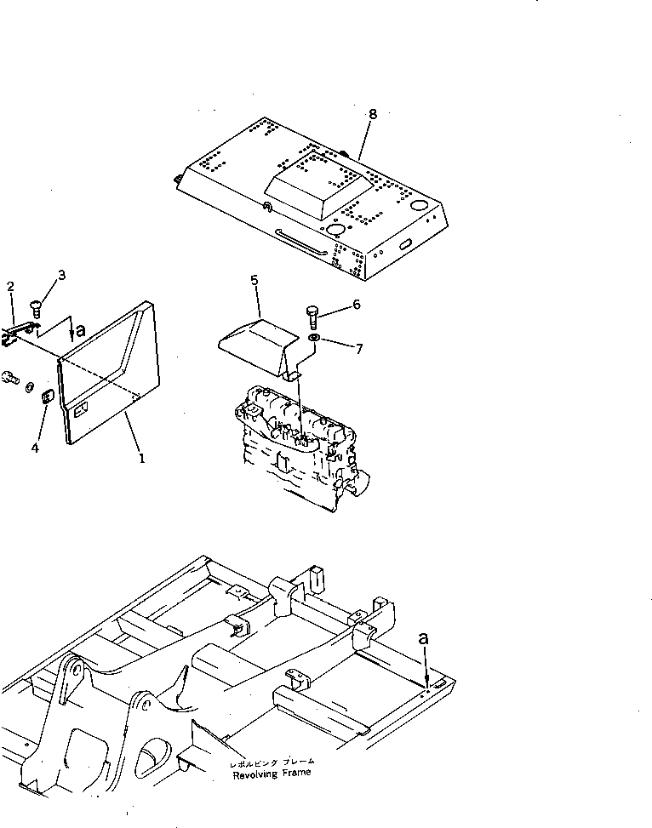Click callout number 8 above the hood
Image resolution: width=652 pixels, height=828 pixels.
[x=372, y=113]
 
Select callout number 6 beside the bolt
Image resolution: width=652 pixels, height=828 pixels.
[x=356, y=304]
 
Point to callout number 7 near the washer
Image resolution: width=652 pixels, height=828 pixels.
[x=357, y=349]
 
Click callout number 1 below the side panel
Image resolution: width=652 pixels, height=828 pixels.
[x=141, y=457]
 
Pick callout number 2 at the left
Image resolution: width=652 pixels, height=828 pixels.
[x=10, y=287]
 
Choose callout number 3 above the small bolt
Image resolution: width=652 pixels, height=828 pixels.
[x=60, y=274]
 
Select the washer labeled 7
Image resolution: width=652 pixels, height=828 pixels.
[x=314, y=340]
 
